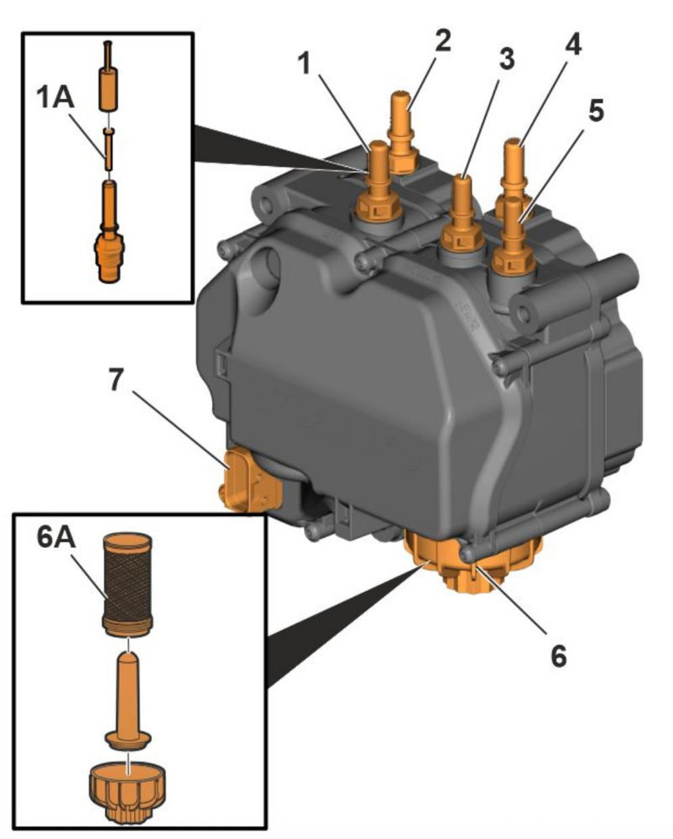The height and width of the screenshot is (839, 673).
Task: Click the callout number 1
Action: pos(305,64)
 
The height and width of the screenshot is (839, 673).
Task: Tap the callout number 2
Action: pos(443,39)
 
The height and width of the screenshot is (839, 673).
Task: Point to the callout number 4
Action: pos(572,43)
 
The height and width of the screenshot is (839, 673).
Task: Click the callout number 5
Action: pos(596,109)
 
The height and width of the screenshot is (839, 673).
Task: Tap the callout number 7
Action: pos(117,379)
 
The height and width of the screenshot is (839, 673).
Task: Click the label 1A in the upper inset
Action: pos(55,97)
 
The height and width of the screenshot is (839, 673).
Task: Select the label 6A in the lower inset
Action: pos(57,539)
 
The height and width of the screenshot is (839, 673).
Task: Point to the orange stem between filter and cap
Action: pos(128,696)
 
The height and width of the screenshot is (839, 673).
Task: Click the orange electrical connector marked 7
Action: pos(250,480)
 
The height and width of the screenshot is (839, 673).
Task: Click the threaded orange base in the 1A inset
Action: pos(108,256)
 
